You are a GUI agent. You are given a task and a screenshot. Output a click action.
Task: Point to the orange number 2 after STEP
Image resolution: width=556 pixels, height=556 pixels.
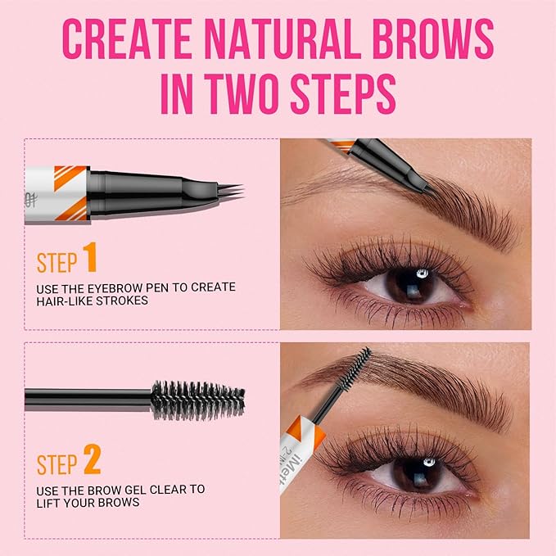[x=91, y=462]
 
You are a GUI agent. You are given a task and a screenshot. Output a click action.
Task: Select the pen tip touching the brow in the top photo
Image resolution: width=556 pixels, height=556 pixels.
[x=422, y=187]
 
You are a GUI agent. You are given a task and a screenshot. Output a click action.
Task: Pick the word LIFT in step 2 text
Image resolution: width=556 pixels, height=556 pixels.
[x=50, y=504]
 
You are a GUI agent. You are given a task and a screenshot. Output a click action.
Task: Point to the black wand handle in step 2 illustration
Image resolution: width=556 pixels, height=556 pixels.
[x=82, y=399]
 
